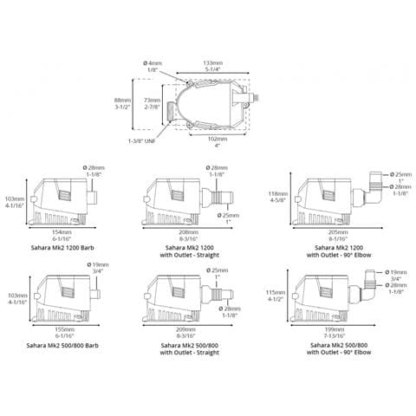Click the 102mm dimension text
click(218, 138)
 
